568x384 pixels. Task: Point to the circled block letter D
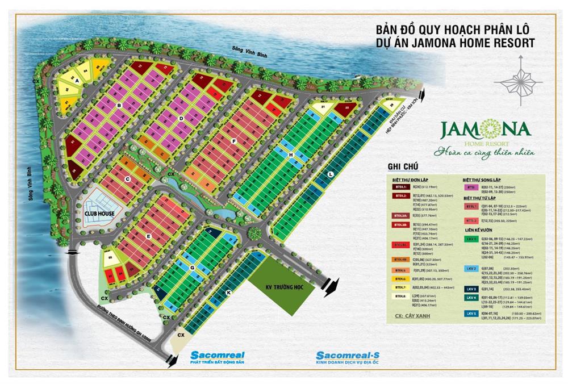pyautogui.click(x=181, y=118)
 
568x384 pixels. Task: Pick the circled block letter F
pyautogui.click(x=233, y=140)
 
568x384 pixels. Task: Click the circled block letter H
pyautogui.click(x=290, y=155)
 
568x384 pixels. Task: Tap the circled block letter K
pyautogui.click(x=229, y=292)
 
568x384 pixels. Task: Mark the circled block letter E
pyautogui.click(x=148, y=236)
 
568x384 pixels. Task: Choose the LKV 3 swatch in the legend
pyautogui.click(x=471, y=289)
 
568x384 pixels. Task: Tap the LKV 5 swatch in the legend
pyautogui.click(x=471, y=313)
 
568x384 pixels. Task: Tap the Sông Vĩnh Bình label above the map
pyautogui.click(x=250, y=50)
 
